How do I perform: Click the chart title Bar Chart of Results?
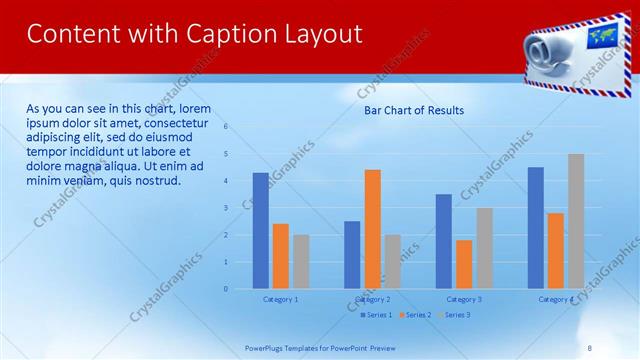[x=413, y=110]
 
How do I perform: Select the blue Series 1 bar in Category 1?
[x=260, y=230]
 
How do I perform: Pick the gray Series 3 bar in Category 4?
[x=576, y=221]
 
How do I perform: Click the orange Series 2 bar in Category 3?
[x=464, y=264]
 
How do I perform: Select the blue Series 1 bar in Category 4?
[x=536, y=227]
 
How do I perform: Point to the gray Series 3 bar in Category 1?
[x=301, y=261]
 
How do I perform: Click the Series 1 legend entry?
[x=376, y=315]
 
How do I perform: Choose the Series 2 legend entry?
[x=415, y=315]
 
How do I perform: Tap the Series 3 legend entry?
[x=454, y=315]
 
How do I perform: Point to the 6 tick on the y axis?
[x=226, y=127]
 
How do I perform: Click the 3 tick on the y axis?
[x=226, y=208]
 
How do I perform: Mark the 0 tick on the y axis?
[x=226, y=289]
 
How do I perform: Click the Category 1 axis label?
[x=280, y=299]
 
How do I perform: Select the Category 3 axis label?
[x=463, y=299]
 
